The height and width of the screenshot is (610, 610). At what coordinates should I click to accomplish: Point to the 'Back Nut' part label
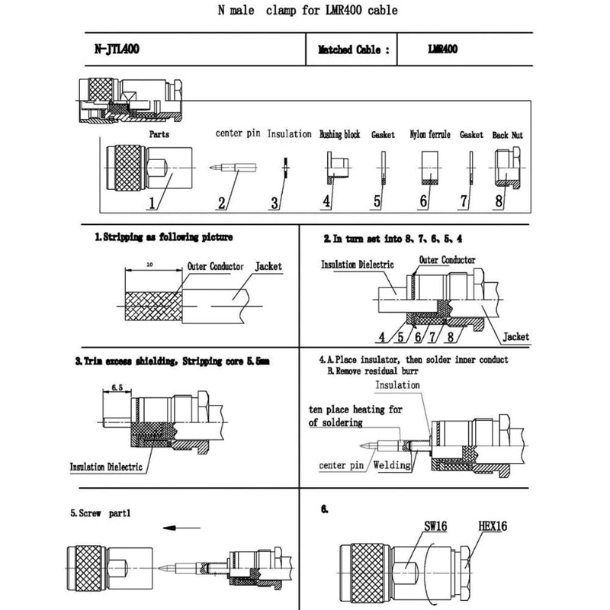point(508,134)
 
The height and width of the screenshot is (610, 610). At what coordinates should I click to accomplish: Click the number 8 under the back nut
point(499,202)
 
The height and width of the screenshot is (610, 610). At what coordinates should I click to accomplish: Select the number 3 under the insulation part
point(275,202)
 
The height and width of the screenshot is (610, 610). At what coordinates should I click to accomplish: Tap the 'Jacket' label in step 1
point(268,267)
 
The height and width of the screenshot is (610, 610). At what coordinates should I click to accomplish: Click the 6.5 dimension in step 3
point(118,387)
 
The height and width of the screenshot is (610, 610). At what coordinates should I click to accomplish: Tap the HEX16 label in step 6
point(492,525)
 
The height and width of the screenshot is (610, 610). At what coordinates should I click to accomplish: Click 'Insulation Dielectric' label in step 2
point(357,265)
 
